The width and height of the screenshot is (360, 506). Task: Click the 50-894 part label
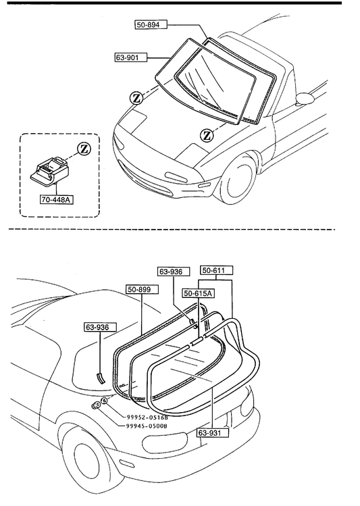151,24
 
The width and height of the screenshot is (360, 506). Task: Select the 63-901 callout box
131,57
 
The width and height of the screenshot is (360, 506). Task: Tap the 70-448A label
57,199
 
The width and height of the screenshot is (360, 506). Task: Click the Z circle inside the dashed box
84,149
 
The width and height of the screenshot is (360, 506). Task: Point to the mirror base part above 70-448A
50,171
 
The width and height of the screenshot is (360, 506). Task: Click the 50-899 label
142,289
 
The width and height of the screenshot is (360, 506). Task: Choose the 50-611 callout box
217,270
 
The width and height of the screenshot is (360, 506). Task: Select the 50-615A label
199,293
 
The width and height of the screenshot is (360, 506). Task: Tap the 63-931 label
213,432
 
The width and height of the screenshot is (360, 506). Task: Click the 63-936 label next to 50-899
174,272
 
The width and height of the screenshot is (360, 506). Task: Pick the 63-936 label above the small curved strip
101,327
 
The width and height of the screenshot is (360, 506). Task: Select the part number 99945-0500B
145,426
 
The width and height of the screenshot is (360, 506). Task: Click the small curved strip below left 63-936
101,378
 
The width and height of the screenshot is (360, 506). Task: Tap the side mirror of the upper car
305,99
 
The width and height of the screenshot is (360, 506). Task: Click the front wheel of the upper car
239,178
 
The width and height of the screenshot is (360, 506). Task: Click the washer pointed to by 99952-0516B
104,401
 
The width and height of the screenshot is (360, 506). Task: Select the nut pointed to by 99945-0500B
95,405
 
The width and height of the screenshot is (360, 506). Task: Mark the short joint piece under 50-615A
197,340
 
